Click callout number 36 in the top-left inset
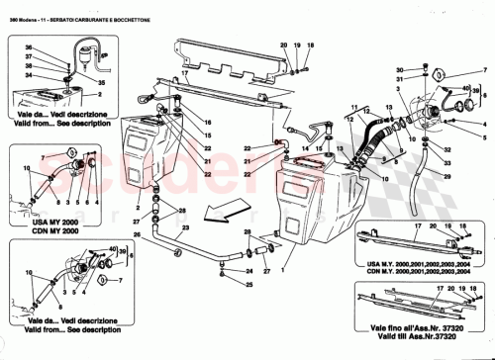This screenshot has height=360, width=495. [x=28, y=48]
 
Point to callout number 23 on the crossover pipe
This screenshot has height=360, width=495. [x=247, y=238]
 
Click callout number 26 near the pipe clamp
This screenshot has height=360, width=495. [x=138, y=234]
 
